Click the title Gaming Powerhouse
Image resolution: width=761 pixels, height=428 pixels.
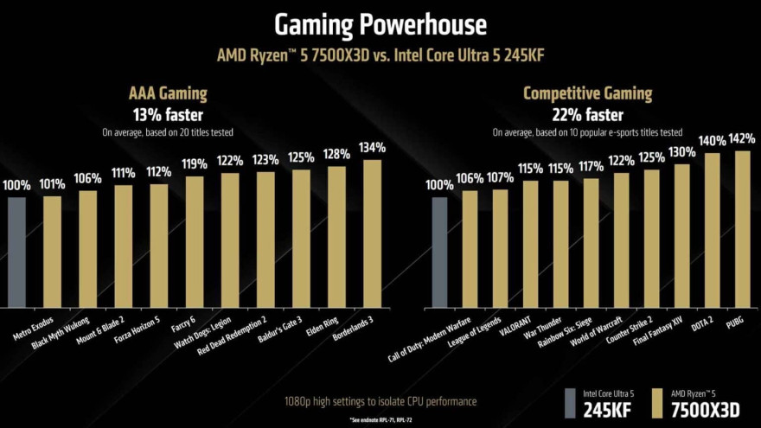point(380,23)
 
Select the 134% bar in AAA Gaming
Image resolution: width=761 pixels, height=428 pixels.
point(372,233)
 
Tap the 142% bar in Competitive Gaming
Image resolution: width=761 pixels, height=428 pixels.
point(741,229)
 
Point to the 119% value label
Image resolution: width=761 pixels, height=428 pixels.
point(195,163)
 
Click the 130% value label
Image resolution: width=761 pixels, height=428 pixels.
point(681,151)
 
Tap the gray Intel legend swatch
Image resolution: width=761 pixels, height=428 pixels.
point(571,403)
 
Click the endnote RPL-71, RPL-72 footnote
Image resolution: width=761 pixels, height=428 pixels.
point(380,419)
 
